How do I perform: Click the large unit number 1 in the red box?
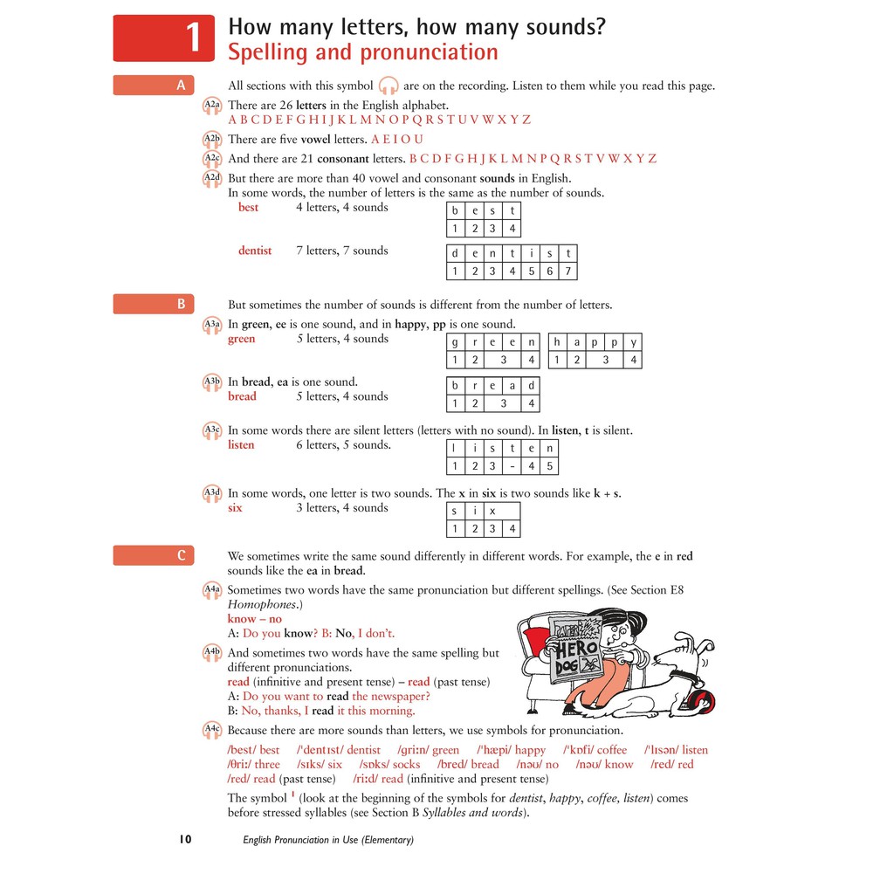point(194,38)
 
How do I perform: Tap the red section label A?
point(181,85)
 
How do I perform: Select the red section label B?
point(181,304)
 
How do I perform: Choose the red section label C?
point(181,555)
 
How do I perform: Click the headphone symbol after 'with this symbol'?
point(389,86)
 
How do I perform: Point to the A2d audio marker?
point(212,179)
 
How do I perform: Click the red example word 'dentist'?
point(255,251)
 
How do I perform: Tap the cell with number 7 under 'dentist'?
point(567,271)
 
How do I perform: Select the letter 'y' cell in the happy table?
point(634,342)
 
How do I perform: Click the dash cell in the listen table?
point(512,465)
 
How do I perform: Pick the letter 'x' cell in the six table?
point(492,511)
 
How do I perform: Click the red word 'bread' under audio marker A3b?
point(242,396)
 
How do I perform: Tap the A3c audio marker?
point(212,430)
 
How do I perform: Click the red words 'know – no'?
point(254,619)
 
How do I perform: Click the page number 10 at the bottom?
point(185,840)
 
